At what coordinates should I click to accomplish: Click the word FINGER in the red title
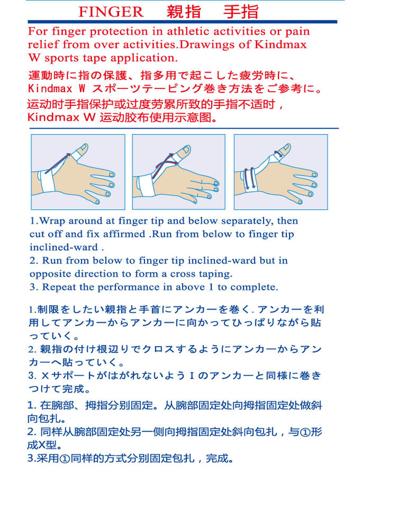click(111, 12)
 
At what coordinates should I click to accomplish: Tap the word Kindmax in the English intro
click(281, 44)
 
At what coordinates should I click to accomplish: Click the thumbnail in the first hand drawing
click(83, 148)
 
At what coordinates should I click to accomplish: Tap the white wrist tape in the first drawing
click(47, 181)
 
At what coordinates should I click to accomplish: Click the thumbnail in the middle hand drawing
click(186, 149)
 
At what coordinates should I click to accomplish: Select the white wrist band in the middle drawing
click(145, 185)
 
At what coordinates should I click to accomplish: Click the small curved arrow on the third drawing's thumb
click(278, 154)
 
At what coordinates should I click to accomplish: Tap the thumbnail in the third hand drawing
click(287, 147)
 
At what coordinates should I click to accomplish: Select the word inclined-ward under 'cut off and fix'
click(64, 247)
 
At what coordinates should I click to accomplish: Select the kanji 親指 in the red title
click(184, 12)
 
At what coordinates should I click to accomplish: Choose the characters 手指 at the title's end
click(241, 12)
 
